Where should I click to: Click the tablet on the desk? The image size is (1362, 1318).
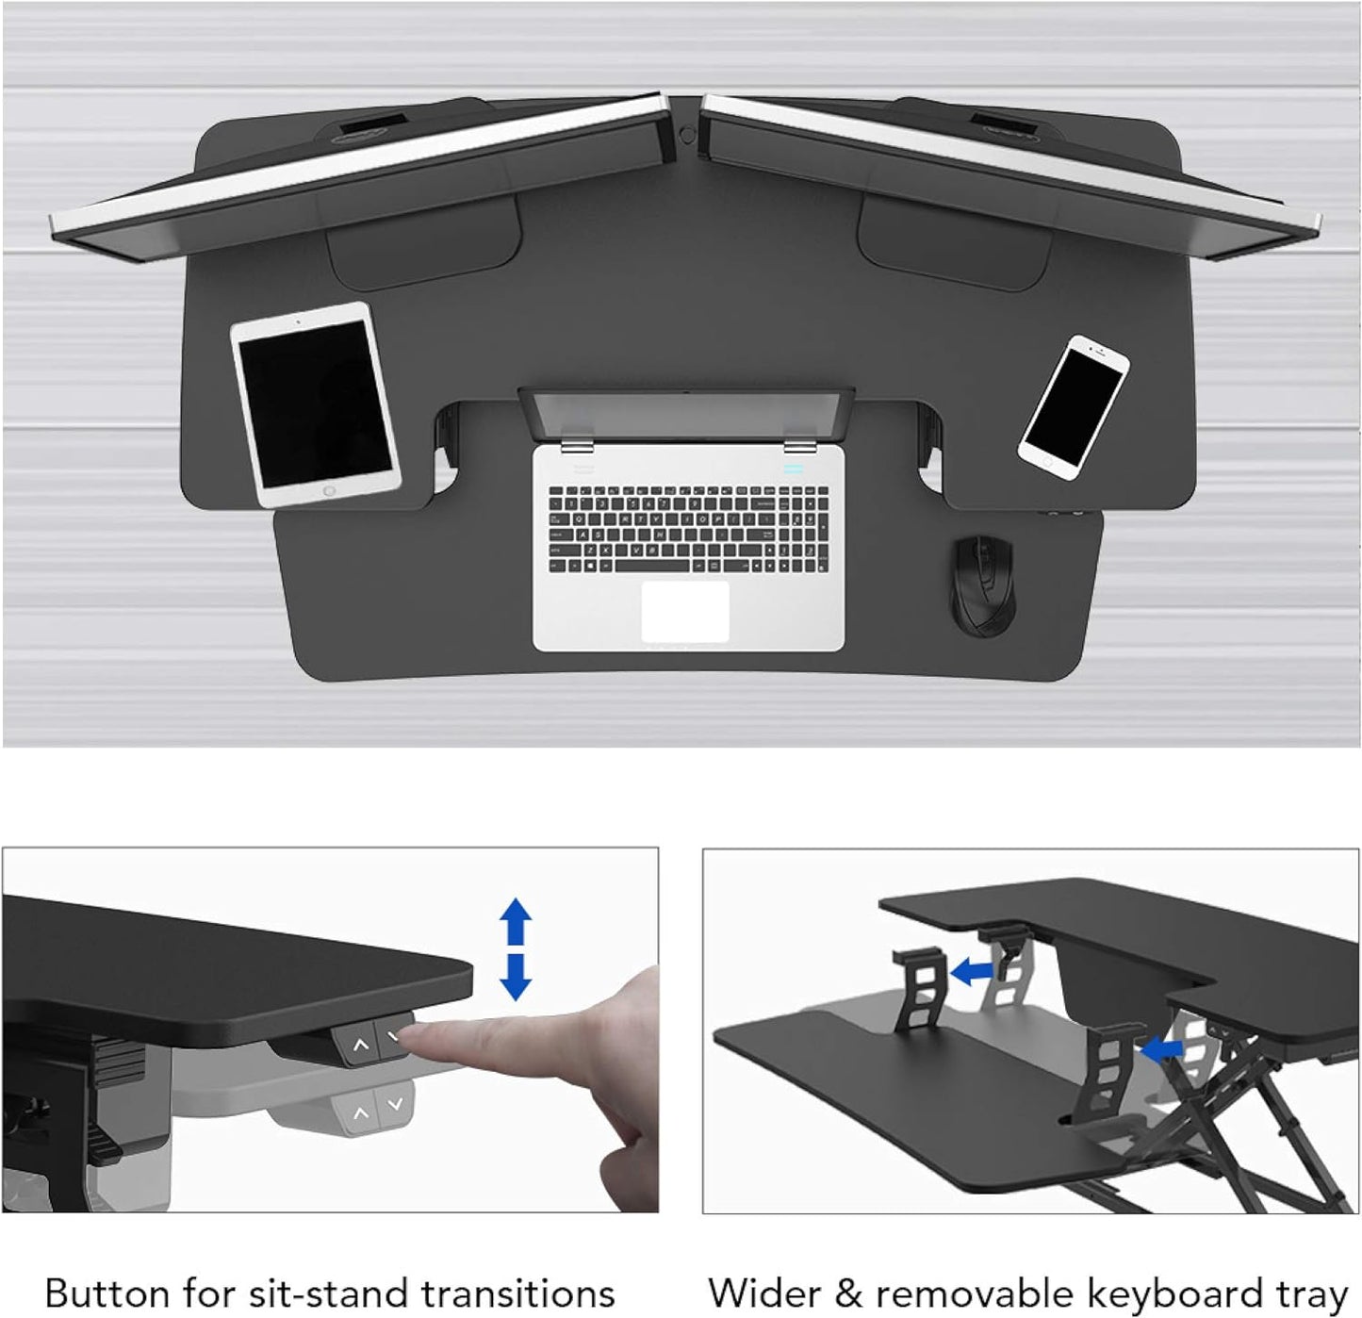point(315,404)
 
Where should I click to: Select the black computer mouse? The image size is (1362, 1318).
point(983,585)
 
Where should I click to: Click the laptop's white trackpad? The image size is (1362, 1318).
point(685,611)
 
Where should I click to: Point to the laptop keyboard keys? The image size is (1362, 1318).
point(688,529)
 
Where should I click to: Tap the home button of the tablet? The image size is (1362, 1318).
point(329,491)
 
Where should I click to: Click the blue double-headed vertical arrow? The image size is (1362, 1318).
point(516,948)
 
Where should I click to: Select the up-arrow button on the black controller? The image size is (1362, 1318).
point(359,1046)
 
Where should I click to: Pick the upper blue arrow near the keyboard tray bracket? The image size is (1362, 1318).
point(973,970)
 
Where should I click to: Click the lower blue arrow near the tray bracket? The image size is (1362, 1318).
point(1160,1047)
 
